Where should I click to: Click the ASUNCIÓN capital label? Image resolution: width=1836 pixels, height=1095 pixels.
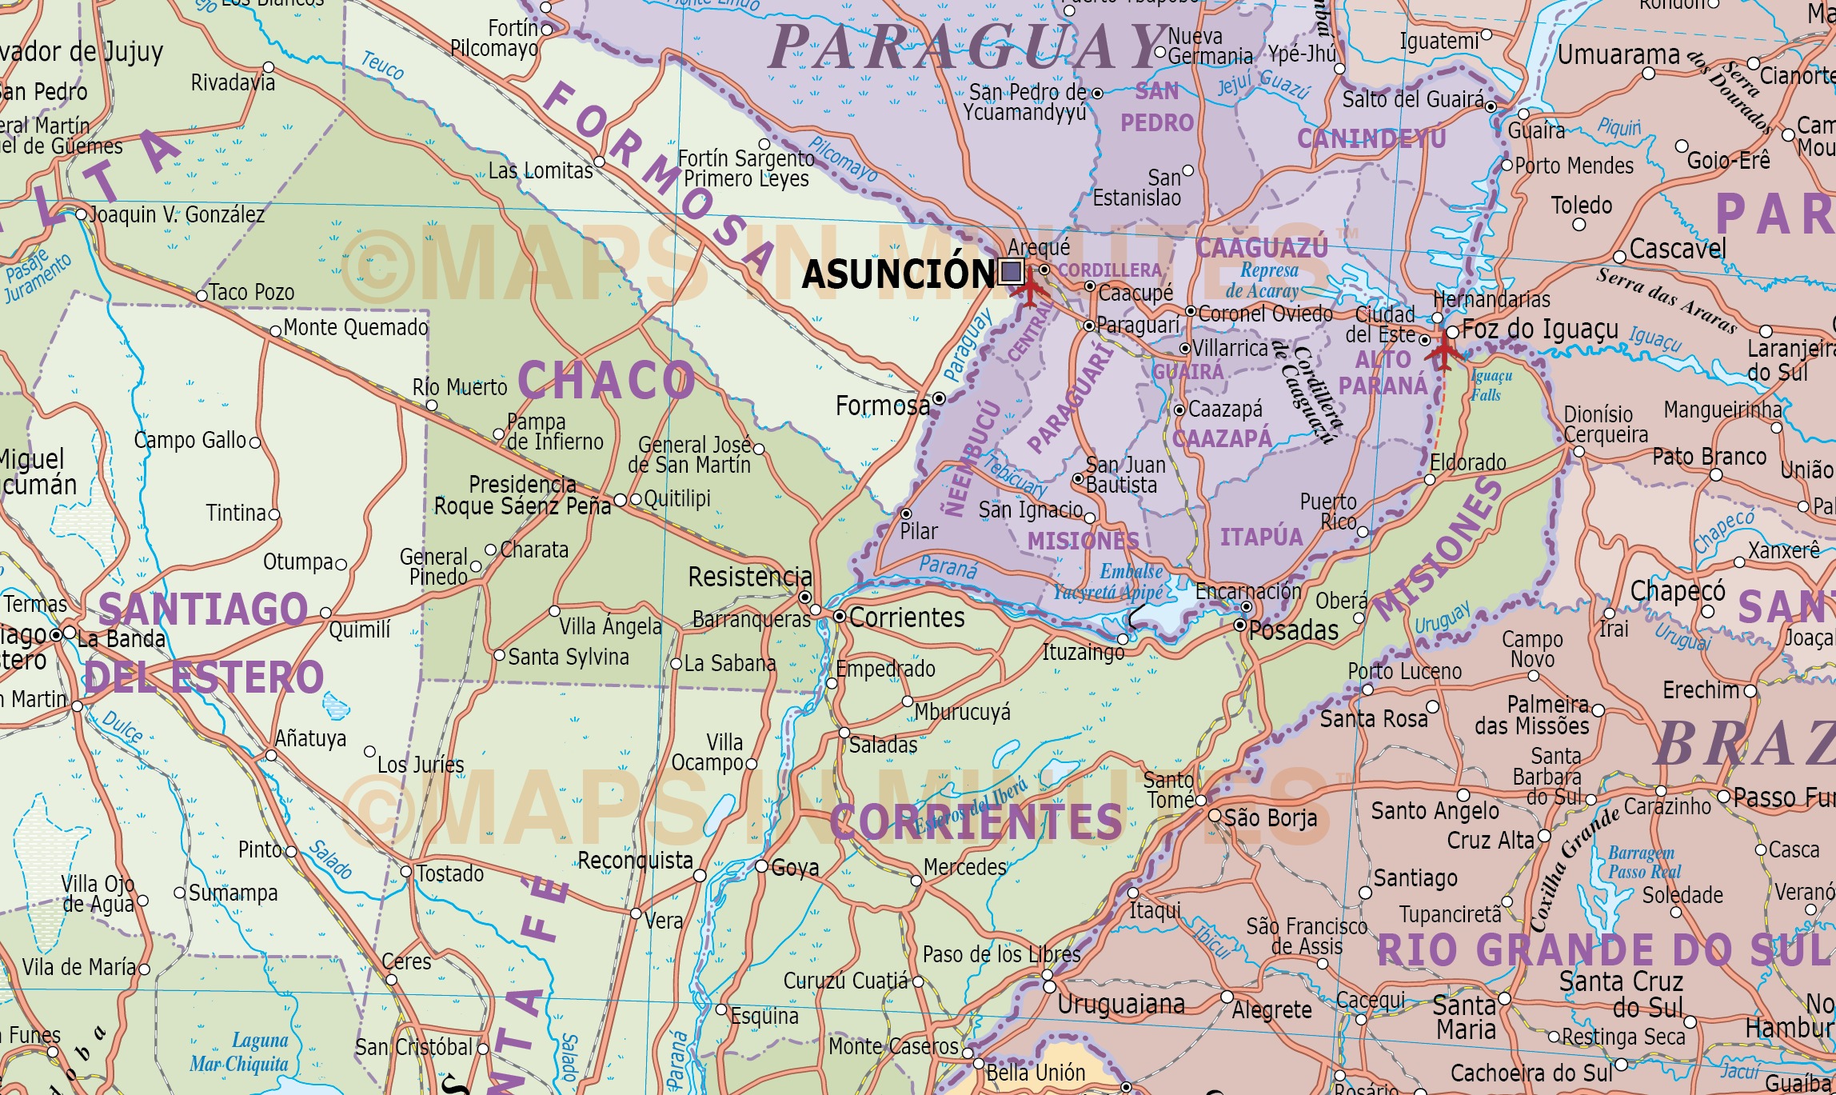[x=898, y=274]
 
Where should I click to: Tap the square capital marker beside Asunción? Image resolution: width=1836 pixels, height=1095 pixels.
[x=1011, y=272]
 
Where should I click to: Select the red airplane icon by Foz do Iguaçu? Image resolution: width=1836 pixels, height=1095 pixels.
[x=1443, y=350]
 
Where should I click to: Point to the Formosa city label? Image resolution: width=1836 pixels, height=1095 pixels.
[x=883, y=406]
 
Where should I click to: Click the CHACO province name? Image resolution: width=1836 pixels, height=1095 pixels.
[x=606, y=380]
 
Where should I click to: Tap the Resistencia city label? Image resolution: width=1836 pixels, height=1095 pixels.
[x=749, y=577]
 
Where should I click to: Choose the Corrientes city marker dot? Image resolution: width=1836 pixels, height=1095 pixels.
[x=840, y=616]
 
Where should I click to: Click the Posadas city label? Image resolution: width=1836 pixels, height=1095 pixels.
[x=1293, y=631]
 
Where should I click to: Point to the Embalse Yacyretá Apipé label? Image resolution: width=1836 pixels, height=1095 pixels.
[x=1112, y=582]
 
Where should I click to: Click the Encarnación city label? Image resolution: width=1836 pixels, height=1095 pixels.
[x=1247, y=592]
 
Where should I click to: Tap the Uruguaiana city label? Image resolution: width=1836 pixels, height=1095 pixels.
[x=1121, y=1005]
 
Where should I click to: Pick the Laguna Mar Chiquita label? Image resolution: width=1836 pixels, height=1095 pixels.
[x=239, y=1053]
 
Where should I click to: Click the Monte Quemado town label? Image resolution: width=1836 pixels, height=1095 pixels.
[x=356, y=328]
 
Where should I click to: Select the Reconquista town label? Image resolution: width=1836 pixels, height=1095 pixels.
[x=635, y=861]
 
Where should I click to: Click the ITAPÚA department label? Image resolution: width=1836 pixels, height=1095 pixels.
[x=1261, y=537]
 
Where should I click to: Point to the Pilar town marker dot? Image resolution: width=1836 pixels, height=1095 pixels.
[x=906, y=514]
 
